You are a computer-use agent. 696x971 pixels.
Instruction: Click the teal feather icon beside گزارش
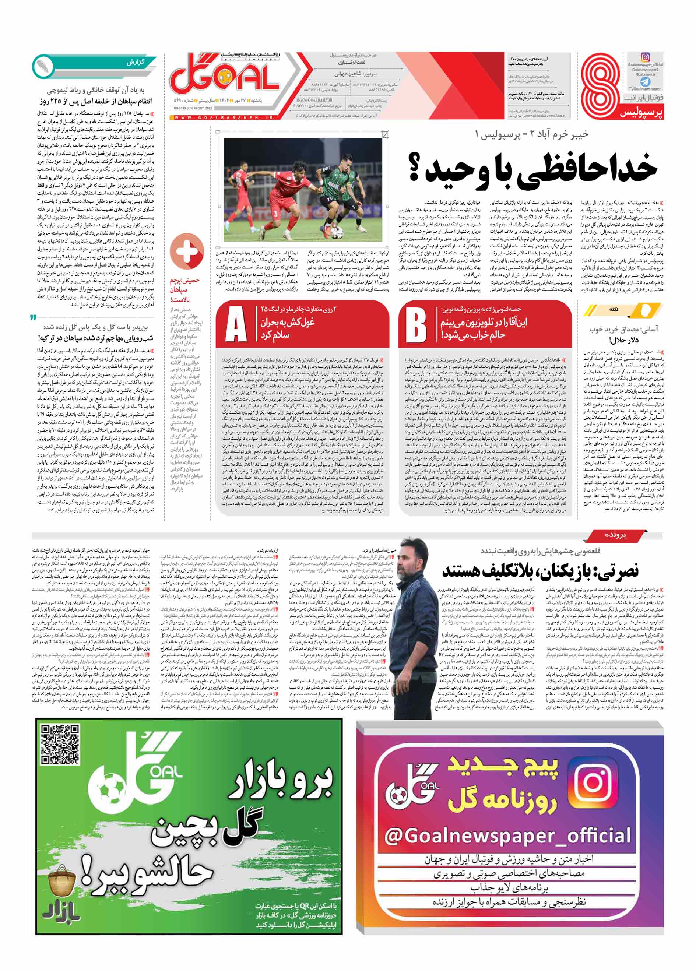point(43,66)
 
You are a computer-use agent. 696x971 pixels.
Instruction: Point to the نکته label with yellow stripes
point(614,310)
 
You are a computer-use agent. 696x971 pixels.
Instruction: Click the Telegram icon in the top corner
point(645,82)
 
